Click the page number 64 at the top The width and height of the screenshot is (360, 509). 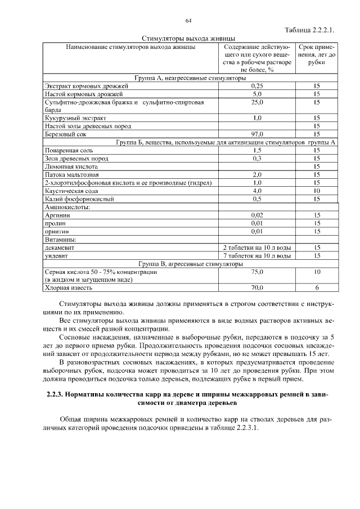[x=188, y=21]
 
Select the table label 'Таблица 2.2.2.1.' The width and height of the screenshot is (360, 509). [x=310, y=30]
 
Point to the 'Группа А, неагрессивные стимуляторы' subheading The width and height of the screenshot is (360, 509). [x=191, y=78]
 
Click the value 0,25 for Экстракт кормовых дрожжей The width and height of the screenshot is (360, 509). [x=257, y=86]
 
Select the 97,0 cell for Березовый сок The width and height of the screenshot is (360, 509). [x=257, y=134]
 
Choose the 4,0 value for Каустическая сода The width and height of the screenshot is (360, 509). [x=257, y=191]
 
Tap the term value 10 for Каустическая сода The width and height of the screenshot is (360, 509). [x=317, y=191]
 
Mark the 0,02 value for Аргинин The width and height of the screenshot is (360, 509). [x=257, y=215]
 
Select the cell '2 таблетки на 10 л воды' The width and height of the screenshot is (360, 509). [x=257, y=247]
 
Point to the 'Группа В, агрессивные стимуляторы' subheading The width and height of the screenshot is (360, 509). [x=191, y=263]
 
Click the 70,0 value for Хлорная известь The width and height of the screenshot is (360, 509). [x=257, y=288]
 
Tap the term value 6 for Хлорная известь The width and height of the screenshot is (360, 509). [x=317, y=288]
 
